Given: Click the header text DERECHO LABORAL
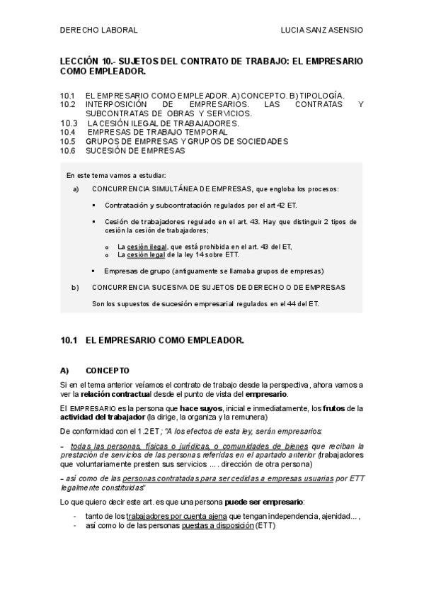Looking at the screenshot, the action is pos(98,31).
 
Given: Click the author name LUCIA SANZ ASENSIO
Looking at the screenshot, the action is pos(322,31).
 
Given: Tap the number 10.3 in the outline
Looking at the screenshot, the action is pos(68,123).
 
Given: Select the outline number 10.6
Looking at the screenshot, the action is pos(68,150).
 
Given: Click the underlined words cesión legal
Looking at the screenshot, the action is pos(141,254).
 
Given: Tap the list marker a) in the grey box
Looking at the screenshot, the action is pos(76,189).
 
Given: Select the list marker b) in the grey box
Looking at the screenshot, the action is pos(76,287).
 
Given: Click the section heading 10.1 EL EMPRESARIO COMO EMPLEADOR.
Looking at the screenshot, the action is pos(152,341).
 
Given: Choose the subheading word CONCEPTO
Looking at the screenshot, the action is pos(108,370).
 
